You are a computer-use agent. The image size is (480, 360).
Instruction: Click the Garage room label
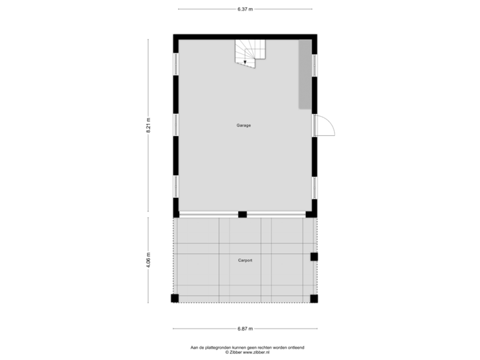[243, 125]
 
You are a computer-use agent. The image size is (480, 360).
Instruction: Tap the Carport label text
[245, 260]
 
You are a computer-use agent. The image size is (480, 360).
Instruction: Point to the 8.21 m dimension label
[149, 127]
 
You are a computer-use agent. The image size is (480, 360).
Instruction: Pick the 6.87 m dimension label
[245, 328]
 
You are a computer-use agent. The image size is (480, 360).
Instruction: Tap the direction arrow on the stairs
[245, 61]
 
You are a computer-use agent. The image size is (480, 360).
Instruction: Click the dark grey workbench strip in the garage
[305, 73]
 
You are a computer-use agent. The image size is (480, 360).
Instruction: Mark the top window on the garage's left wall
[175, 63]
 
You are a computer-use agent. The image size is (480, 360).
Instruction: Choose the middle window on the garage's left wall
[175, 125]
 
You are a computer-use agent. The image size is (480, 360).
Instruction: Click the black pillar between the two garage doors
[243, 214]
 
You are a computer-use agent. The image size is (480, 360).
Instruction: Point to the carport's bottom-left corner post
[174, 299]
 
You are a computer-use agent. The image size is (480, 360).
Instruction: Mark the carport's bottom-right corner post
[315, 299]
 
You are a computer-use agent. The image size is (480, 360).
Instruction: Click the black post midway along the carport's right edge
[315, 257]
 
